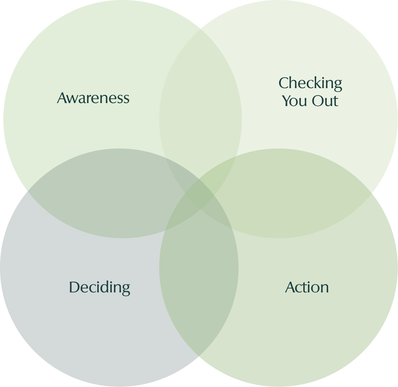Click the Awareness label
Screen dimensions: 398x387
point(93,98)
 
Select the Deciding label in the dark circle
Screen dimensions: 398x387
point(100,287)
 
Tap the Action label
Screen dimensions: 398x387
point(307,287)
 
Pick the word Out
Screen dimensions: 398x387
point(325,101)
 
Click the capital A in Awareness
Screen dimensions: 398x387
point(62,98)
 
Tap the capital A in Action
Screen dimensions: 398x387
point(291,287)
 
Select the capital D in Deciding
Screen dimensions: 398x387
point(74,287)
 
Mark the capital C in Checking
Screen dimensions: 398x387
point(284,83)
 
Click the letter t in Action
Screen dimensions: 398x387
point(306,287)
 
